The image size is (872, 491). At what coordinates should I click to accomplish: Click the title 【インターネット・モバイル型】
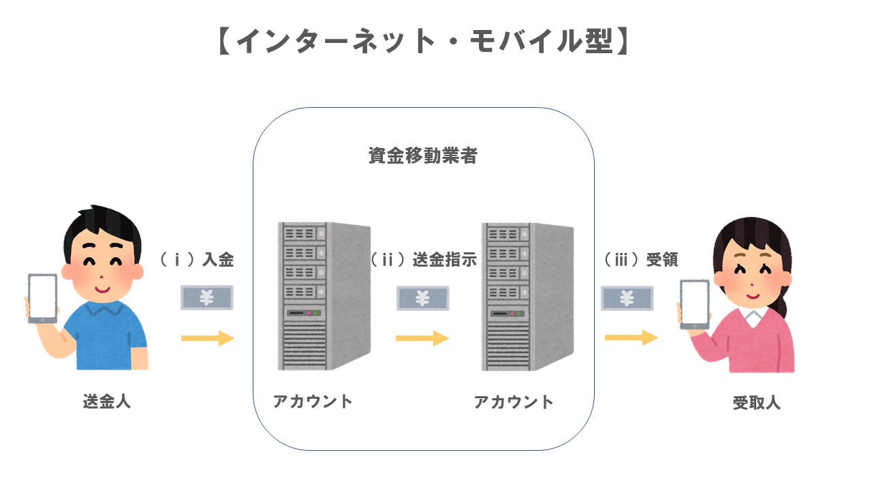tap(423, 43)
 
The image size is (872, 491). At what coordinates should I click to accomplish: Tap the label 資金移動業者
tap(423, 156)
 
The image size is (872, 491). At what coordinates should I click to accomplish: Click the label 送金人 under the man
tap(107, 401)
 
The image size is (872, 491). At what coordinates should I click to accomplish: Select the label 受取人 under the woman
tap(756, 402)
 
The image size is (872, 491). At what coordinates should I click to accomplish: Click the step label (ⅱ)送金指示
tap(422, 260)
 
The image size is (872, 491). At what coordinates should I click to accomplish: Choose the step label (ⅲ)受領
tap(641, 260)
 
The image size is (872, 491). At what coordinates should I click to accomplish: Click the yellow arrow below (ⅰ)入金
tap(207, 338)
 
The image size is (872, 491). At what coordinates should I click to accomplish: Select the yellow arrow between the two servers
tap(422, 338)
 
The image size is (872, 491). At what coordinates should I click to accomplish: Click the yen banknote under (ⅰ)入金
tap(207, 297)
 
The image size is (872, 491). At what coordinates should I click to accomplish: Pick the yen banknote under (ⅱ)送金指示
tap(422, 298)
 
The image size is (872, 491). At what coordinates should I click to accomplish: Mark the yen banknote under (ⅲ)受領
tap(627, 298)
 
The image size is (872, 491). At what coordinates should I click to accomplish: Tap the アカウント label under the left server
tap(313, 401)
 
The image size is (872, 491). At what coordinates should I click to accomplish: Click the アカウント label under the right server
tap(514, 402)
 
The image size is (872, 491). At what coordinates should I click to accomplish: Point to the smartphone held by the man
tap(42, 298)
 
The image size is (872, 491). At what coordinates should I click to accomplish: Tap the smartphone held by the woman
tap(694, 305)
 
